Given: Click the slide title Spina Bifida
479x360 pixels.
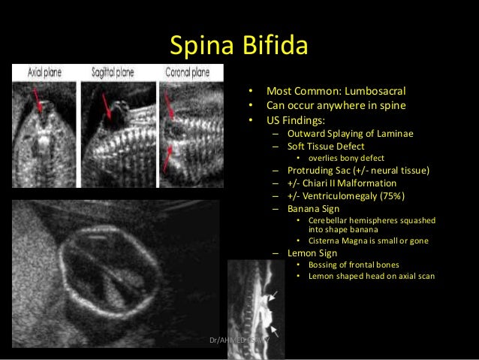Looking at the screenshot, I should (239, 46).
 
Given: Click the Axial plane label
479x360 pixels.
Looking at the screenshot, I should (45, 73).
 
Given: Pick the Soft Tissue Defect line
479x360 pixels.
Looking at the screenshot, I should (325, 146).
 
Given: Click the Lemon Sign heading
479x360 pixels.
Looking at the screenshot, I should (311, 253).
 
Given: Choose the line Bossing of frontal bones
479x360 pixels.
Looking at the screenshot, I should (354, 265).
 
